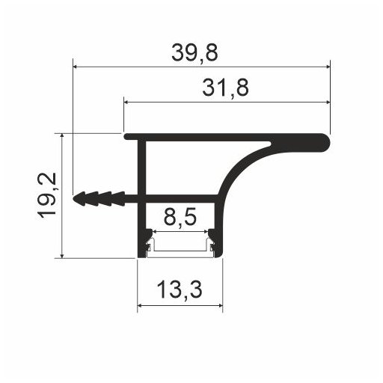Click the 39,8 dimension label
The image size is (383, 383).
194,53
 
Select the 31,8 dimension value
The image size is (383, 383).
225,88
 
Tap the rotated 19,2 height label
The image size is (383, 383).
46,195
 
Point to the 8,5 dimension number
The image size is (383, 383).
180,216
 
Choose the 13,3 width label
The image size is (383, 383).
180,289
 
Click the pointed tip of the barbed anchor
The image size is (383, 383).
73,199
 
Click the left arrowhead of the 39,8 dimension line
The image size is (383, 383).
75,67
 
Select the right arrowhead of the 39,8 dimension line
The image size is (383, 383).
328,67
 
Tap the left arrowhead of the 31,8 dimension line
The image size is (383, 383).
126,102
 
